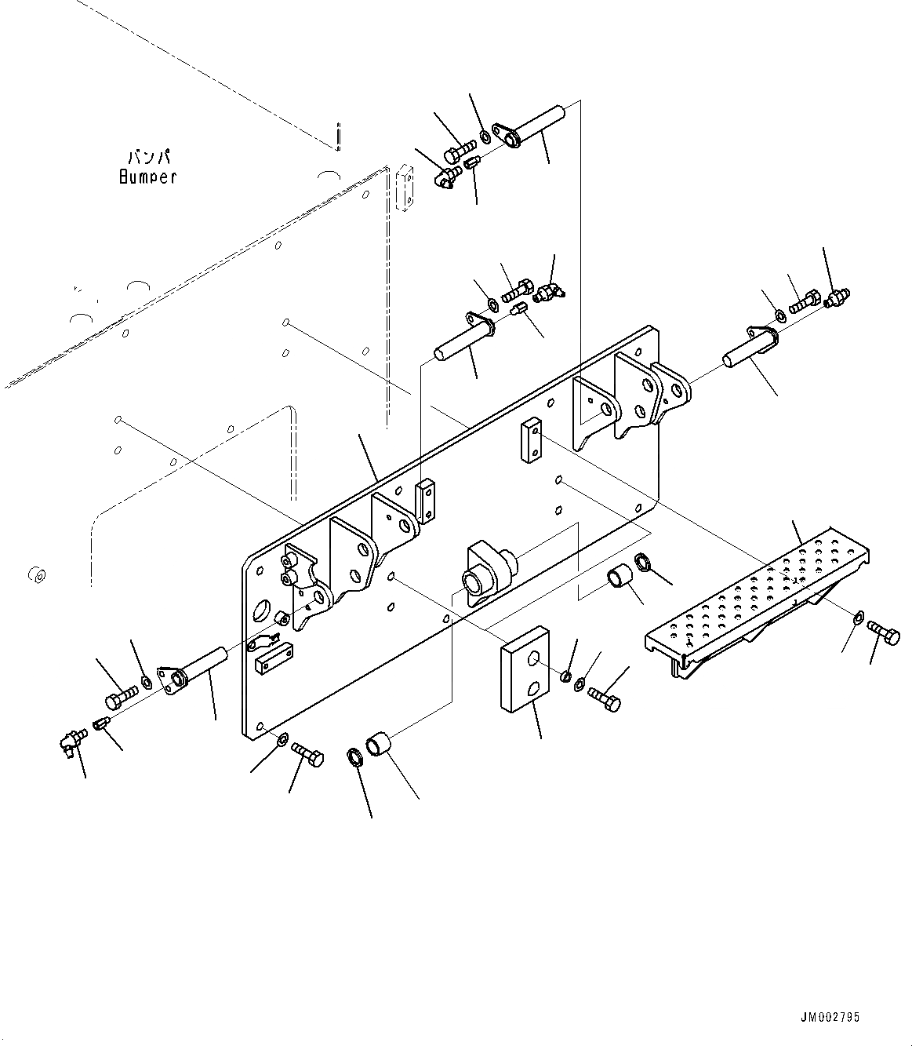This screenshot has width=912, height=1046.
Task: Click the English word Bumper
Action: [147, 177]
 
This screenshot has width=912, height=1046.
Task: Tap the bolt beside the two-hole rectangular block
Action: [604, 697]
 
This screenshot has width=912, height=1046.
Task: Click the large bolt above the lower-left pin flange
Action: [120, 696]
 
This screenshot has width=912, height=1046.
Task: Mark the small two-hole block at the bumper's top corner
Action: [404, 188]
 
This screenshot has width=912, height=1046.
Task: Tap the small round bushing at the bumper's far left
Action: [35, 574]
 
